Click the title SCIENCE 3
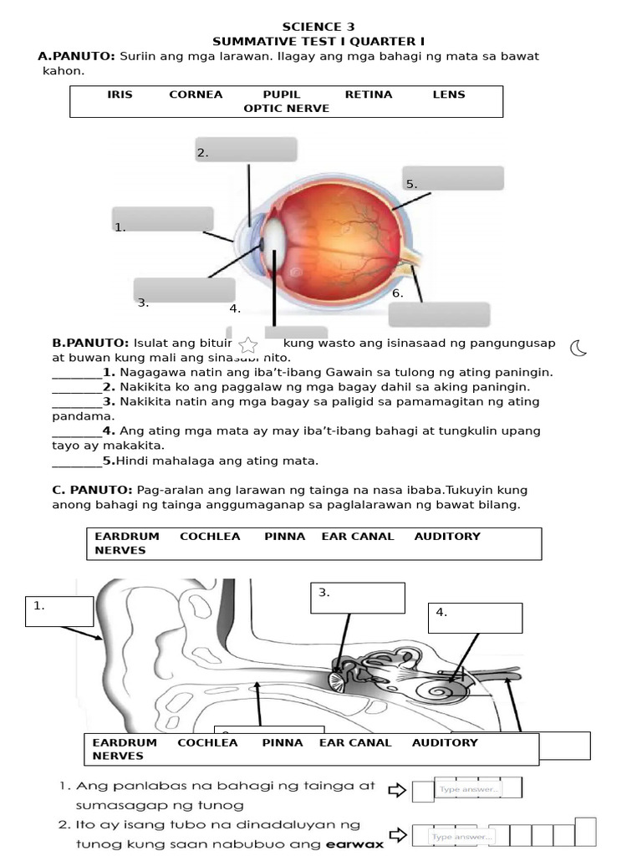[312, 27]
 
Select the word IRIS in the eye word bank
[120, 94]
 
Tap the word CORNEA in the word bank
[196, 94]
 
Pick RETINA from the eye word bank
[368, 94]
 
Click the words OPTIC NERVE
[286, 109]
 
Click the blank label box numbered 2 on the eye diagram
[246, 150]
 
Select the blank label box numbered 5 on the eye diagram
[453, 178]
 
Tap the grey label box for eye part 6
[439, 314]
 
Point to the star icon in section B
[248, 344]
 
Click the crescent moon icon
[578, 348]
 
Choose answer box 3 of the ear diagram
[357, 598]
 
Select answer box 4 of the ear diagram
[475, 618]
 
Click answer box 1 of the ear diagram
[59, 611]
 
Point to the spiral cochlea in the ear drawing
[437, 690]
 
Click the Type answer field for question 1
[468, 788]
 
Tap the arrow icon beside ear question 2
[398, 834]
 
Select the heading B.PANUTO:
[90, 343]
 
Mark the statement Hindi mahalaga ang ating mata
[217, 461]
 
